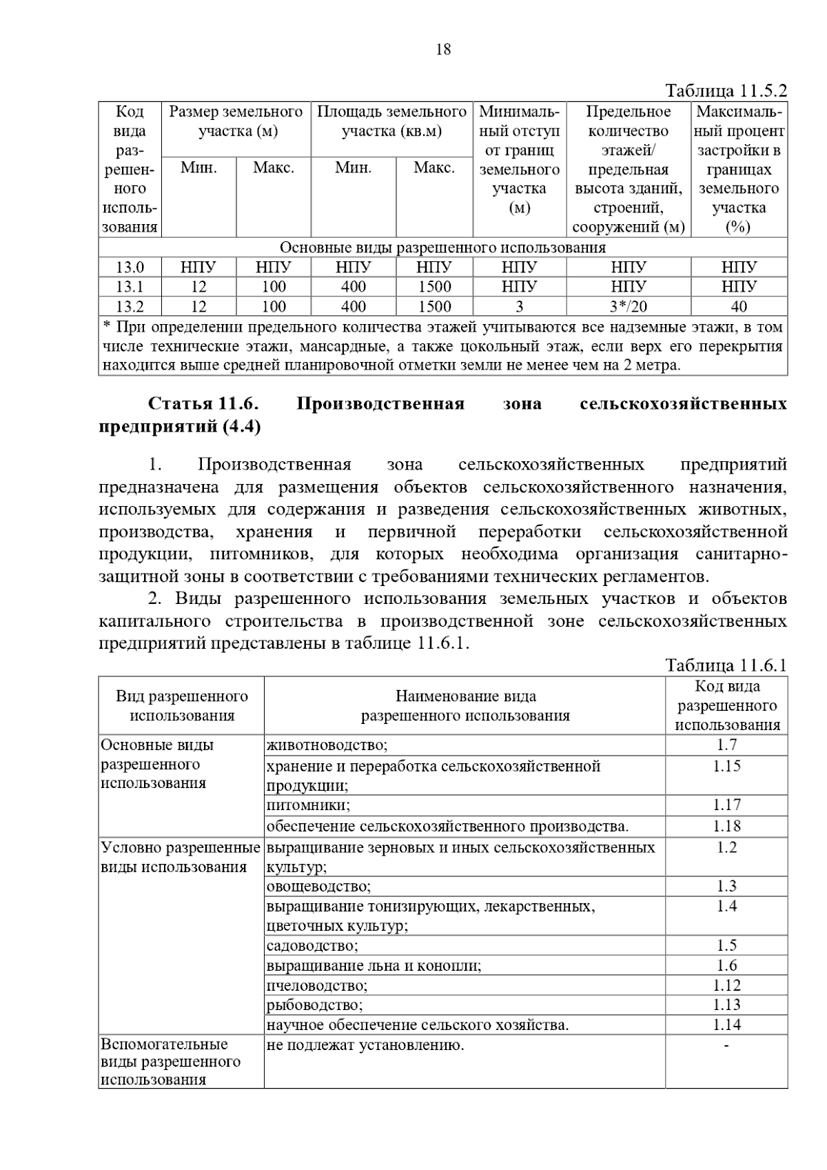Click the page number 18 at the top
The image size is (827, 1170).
[x=443, y=49]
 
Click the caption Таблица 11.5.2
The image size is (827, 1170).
[x=726, y=91]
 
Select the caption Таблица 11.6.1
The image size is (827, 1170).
[x=726, y=665]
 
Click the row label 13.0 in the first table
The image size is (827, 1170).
[x=130, y=268]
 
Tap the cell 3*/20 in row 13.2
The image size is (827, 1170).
[x=628, y=306]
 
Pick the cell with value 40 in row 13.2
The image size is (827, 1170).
[x=738, y=306]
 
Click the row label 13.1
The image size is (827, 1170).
[x=130, y=287]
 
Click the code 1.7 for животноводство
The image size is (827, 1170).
[x=726, y=745]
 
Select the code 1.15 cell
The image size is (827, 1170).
[x=726, y=766]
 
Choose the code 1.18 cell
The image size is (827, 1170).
[x=726, y=826]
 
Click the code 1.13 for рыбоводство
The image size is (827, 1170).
[x=726, y=1005]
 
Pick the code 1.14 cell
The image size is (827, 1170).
[x=726, y=1025]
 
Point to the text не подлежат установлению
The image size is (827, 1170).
[x=365, y=1045]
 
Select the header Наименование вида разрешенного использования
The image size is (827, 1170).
[x=465, y=706]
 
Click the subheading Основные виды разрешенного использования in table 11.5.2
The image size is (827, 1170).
[x=442, y=248]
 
